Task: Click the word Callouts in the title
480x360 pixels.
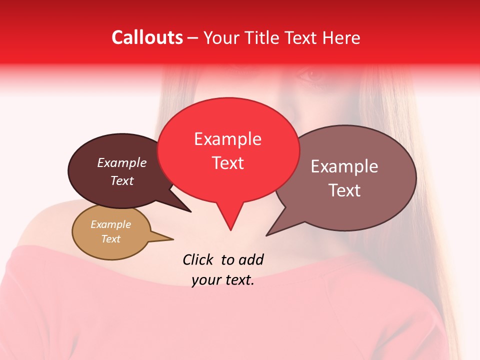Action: tap(147, 37)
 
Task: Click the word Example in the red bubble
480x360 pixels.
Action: tap(227, 139)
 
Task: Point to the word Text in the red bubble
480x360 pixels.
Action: tap(227, 163)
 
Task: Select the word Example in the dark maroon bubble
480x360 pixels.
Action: tap(122, 163)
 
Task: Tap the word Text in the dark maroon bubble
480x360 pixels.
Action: tap(122, 180)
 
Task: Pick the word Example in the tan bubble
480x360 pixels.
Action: tap(110, 224)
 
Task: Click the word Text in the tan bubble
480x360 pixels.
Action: tap(110, 239)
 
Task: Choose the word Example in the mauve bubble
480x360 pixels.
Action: tap(344, 166)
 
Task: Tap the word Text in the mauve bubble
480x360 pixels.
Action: tap(344, 190)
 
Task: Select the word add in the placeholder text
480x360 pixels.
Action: tap(251, 259)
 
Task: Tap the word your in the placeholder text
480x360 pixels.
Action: tap(205, 280)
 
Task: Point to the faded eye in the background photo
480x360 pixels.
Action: tap(312, 75)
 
